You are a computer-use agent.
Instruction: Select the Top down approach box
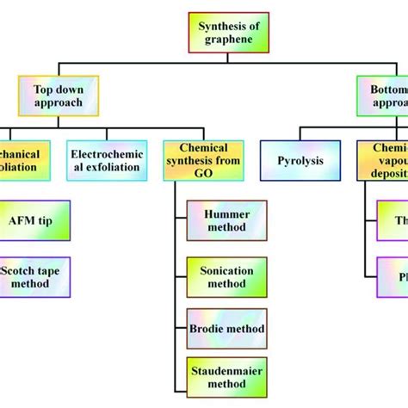pos(59,96)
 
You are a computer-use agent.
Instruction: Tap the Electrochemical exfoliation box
pos(108,160)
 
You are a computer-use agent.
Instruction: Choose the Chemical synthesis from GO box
pos(203,160)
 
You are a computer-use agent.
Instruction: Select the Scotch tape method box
pos(35,276)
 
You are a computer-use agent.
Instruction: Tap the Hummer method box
pos(226,220)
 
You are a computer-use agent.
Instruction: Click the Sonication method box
pos(226,275)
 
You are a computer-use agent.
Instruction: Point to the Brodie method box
pos(226,329)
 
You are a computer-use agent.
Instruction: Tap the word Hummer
pos(226,213)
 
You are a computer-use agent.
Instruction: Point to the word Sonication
pos(226,269)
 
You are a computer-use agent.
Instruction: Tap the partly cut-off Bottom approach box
pos(384,96)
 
